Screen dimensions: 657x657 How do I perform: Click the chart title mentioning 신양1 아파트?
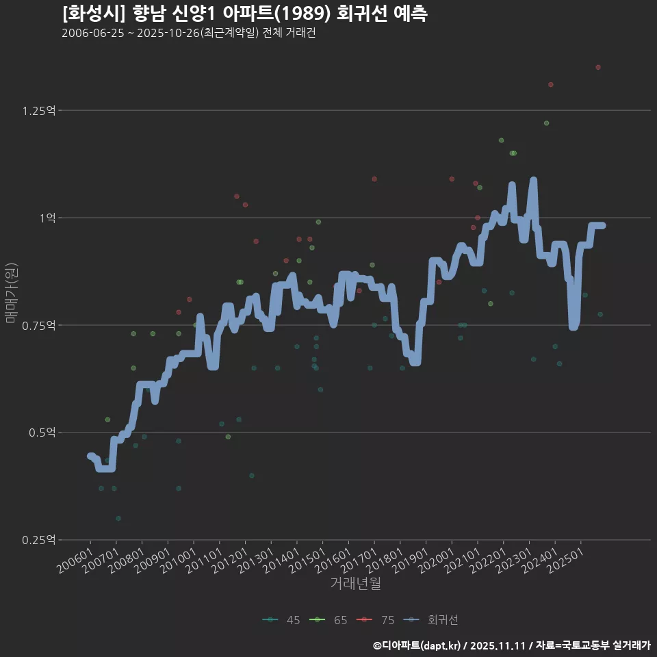(244, 14)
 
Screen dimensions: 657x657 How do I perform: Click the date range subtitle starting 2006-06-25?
(188, 34)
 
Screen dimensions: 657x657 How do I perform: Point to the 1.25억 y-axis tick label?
(40, 111)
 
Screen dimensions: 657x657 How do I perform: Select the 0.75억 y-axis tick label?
(40, 326)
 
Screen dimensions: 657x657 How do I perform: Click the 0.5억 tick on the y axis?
(43, 433)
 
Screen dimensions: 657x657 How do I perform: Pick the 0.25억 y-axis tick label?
(40, 540)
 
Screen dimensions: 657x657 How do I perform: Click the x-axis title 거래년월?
(355, 584)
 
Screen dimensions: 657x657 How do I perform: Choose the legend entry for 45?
(281, 620)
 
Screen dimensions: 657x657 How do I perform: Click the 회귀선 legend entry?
(431, 620)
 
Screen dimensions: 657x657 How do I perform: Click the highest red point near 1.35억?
(598, 67)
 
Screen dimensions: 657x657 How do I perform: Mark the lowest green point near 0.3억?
(118, 519)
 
